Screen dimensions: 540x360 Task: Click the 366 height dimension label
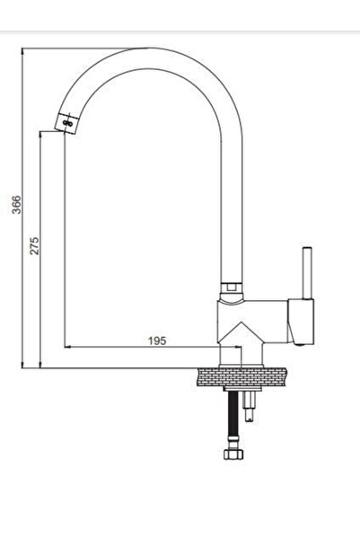click(x=15, y=206)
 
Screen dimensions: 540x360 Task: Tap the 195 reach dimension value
click(x=156, y=341)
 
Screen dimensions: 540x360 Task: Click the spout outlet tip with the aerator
click(x=66, y=120)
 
